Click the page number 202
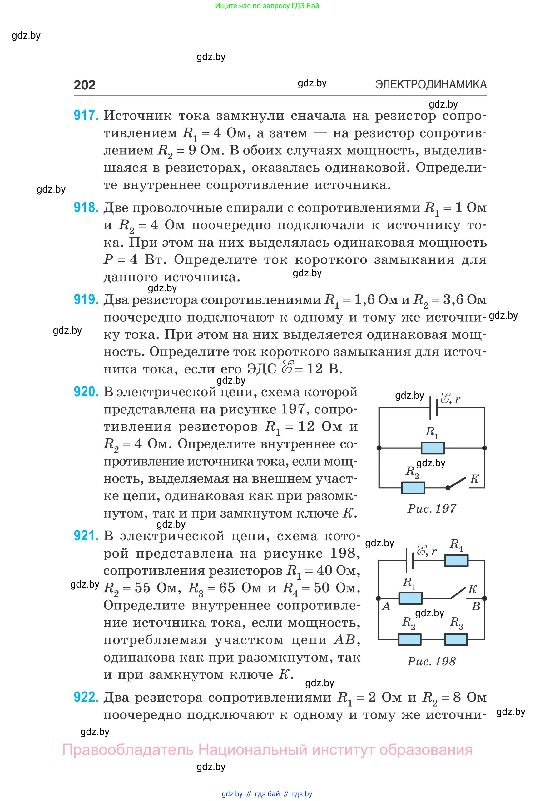85,85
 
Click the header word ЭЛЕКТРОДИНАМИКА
431,84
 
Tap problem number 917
86,116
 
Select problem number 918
86,208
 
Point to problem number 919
86,300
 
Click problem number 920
86,392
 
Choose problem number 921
86,536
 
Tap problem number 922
86,697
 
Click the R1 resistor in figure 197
433,448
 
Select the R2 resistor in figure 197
413,488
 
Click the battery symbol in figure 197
433,407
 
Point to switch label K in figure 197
475,479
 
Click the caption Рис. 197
432,508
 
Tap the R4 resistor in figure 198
456,560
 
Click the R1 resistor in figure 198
410,598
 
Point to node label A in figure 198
386,607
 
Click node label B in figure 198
476,607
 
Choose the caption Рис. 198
432,661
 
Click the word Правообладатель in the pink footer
128,750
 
